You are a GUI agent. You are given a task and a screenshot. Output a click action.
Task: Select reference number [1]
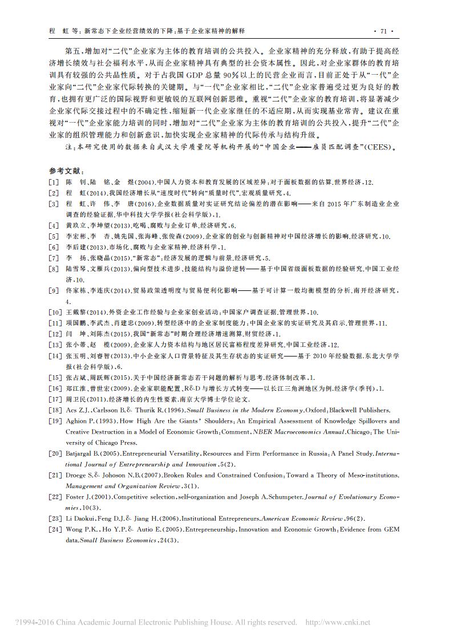click(x=54, y=182)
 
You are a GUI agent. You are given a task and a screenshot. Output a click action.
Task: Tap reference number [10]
click(x=55, y=313)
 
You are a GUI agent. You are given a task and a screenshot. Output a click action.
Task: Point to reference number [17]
click(x=55, y=399)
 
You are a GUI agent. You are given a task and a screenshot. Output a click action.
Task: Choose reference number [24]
click(x=55, y=529)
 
